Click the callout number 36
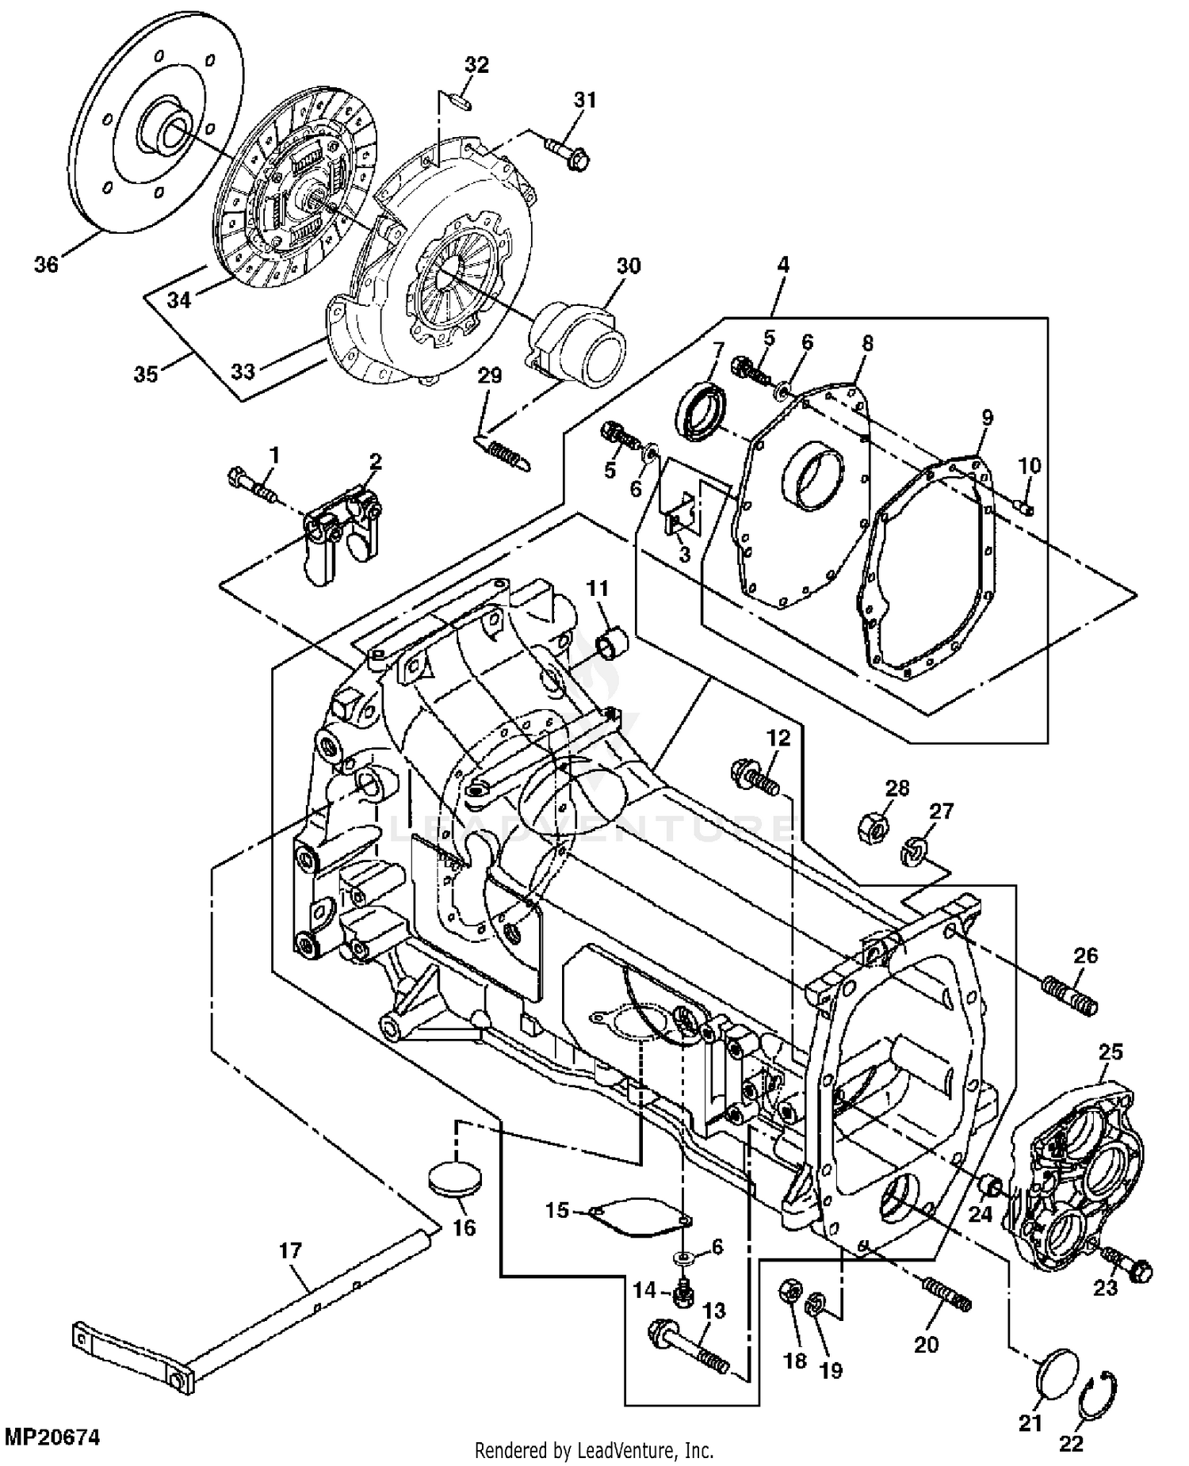pyautogui.click(x=46, y=264)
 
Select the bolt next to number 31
pyautogui.click(x=567, y=154)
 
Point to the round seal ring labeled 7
pyautogui.click(x=698, y=409)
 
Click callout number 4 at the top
pyautogui.click(x=782, y=265)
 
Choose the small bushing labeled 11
pyautogui.click(x=611, y=642)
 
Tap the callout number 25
pyautogui.click(x=1111, y=1052)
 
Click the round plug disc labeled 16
pyautogui.click(x=454, y=1180)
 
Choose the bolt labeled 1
pyautogui.click(x=253, y=485)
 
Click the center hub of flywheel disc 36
pyautogui.click(x=165, y=127)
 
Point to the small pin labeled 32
pyautogui.click(x=459, y=101)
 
